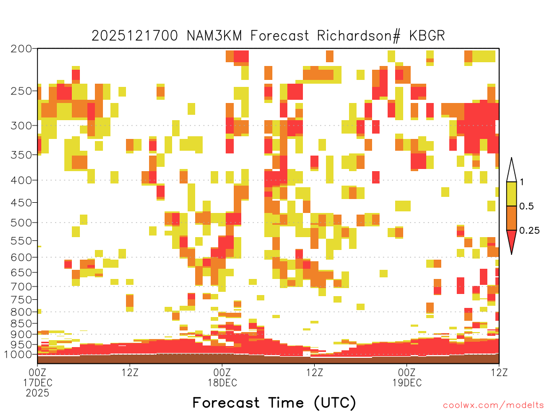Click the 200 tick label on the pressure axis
click(21, 49)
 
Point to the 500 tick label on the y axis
click(21, 223)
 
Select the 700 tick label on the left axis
click(21, 286)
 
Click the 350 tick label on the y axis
click(21, 155)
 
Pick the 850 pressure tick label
click(21, 323)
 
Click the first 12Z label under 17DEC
click(130, 372)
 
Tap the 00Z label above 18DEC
click(222, 372)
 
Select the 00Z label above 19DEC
click(407, 372)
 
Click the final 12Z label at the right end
click(499, 372)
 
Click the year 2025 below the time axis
click(38, 393)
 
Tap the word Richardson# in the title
click(359, 36)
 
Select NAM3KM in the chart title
click(214, 36)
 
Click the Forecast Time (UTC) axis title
click(274, 403)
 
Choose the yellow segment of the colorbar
click(511, 194)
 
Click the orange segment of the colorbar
click(511, 218)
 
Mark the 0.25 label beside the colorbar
click(529, 230)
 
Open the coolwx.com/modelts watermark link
click(493, 406)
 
